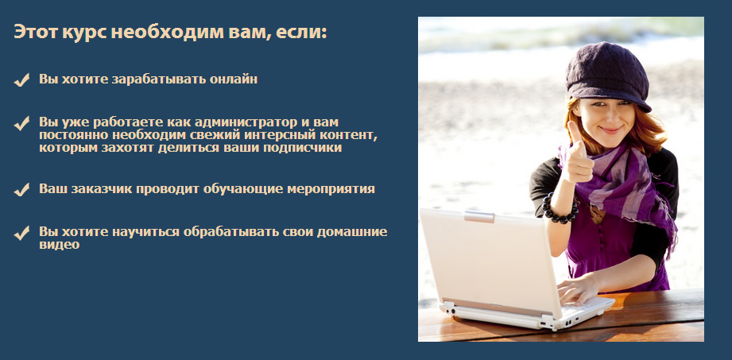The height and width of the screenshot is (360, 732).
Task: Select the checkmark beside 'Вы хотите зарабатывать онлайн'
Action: tap(21, 79)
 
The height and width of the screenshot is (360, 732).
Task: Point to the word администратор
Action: tap(234, 122)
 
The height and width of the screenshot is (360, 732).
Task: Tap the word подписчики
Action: tap(299, 147)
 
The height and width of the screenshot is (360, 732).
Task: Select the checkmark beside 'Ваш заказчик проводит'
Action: tap(21, 190)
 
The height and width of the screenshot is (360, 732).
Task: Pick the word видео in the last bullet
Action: tap(60, 245)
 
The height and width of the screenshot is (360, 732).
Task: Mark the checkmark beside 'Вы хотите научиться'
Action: tap(21, 233)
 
